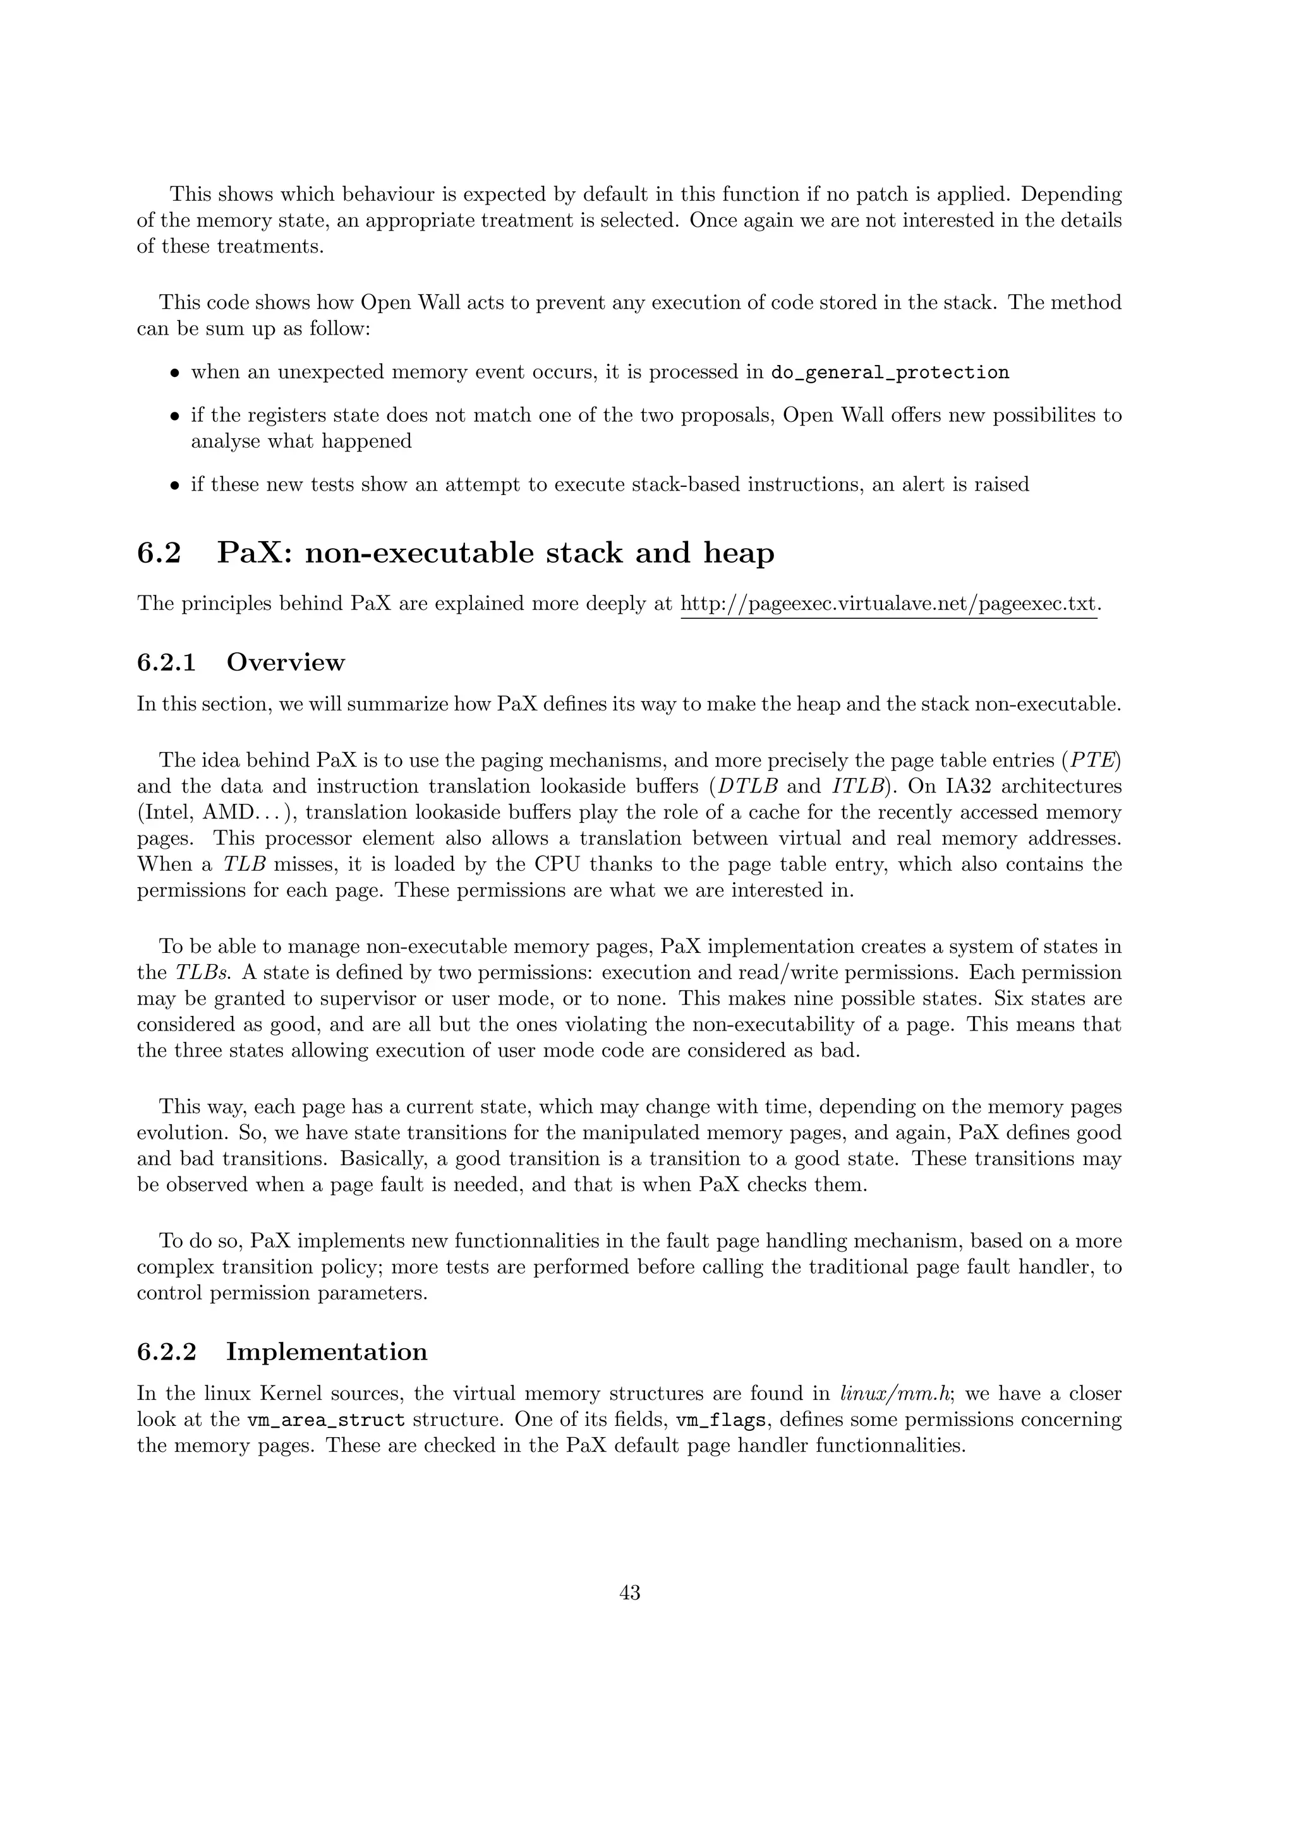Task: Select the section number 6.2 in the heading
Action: coord(159,553)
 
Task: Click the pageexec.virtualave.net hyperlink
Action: coord(888,603)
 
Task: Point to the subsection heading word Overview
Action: coord(286,662)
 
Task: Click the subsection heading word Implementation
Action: coord(327,1352)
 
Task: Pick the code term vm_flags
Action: coord(721,1420)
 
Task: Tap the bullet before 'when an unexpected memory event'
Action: coord(174,373)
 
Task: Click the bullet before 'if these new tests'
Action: coord(174,484)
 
